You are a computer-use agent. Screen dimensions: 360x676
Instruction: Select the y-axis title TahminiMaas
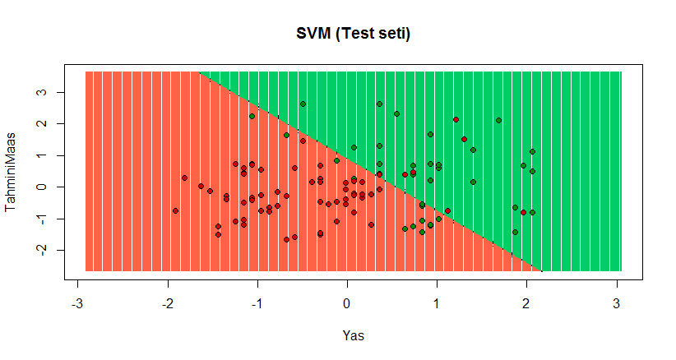click(12, 172)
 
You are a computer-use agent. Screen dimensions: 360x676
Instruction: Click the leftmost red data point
click(175, 210)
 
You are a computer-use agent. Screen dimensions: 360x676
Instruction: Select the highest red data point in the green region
click(456, 120)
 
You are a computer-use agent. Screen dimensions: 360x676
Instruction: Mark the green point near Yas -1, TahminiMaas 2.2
click(252, 117)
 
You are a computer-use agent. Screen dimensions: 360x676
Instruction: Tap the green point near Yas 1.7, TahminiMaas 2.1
click(498, 120)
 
